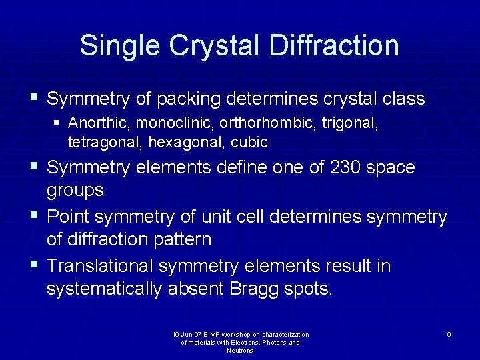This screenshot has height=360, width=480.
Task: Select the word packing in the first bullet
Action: point(189,99)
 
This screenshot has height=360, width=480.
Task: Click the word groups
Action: point(75,191)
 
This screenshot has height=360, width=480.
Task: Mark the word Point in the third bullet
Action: point(71,217)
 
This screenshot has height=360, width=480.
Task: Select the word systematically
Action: point(103,289)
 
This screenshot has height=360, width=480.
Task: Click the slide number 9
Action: point(449,334)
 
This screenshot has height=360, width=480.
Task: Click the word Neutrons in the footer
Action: point(240,350)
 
